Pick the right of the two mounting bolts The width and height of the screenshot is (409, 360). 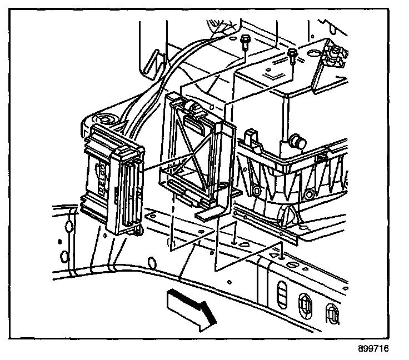point(292,54)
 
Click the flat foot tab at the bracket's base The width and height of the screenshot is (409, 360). point(208,211)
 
